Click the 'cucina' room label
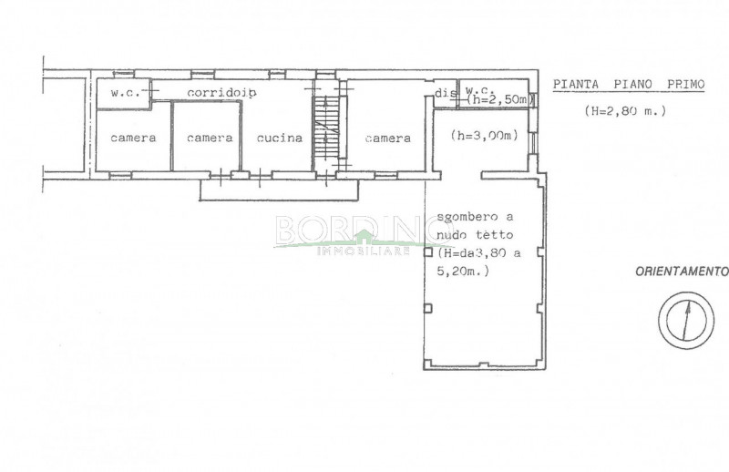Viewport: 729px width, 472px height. (280, 139)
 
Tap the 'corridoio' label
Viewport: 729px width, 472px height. (221, 93)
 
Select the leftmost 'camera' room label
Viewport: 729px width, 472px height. (133, 139)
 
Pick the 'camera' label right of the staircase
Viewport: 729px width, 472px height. (388, 139)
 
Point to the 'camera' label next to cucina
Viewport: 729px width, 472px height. (210, 139)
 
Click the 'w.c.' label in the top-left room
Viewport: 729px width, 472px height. (125, 93)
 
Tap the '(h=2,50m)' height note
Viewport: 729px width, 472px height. (497, 99)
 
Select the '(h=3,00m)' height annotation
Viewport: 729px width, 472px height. (485, 136)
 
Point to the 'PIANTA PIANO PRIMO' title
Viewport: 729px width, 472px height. (629, 85)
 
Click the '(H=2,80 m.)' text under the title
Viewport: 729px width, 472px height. (625, 111)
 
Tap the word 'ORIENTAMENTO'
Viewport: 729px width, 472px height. (682, 272)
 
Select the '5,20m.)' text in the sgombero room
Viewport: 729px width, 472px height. (463, 272)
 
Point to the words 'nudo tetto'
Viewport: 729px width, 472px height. (475, 235)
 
